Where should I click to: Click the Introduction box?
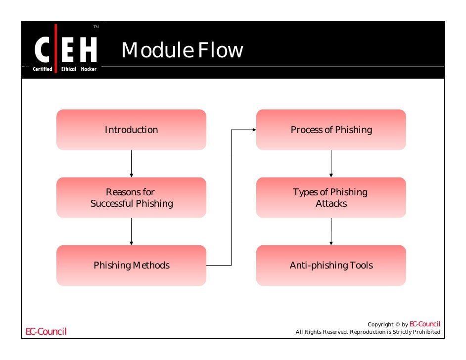click(131, 130)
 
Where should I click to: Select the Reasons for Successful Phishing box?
click(131, 197)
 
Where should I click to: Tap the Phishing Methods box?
click(131, 266)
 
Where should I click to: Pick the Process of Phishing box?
click(331, 130)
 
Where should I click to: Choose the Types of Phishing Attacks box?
click(331, 197)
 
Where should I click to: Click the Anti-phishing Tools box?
click(331, 266)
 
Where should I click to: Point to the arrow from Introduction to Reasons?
click(131, 164)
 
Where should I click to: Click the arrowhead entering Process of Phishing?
click(253, 130)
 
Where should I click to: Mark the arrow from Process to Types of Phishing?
click(331, 164)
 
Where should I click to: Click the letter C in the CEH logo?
click(42, 51)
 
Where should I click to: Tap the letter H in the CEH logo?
click(87, 51)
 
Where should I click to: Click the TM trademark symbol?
click(96, 26)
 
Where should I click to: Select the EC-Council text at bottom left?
click(46, 331)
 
